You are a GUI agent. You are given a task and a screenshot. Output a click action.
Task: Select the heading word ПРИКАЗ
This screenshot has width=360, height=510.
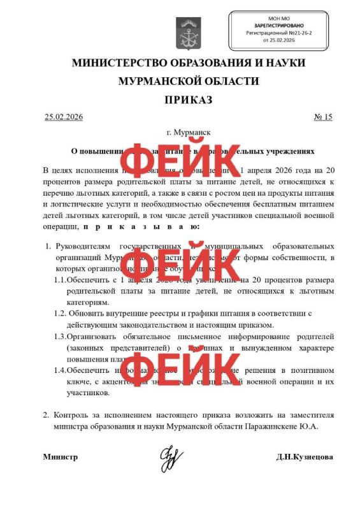[188, 100]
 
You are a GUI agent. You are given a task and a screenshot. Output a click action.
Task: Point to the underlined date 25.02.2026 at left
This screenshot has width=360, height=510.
[64, 117]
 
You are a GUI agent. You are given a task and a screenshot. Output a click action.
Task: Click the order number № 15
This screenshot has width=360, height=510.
[323, 117]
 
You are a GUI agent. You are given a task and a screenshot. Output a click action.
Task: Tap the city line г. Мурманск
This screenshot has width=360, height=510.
[188, 133]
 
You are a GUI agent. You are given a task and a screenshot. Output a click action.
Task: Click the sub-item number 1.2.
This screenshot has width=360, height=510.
[60, 313]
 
